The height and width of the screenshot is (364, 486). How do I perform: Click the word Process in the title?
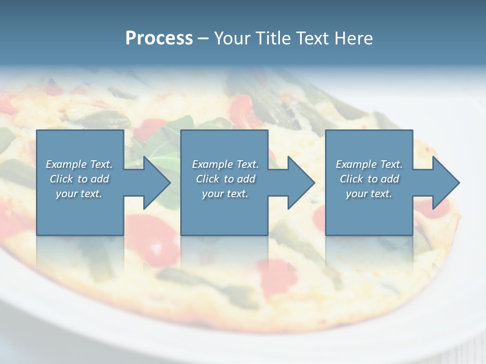click(159, 38)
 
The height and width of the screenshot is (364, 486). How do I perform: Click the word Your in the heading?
click(233, 38)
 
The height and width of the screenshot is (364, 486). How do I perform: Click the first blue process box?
click(80, 212)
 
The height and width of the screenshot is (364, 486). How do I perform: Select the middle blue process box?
click(224, 212)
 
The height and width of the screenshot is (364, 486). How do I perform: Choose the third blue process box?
click(369, 212)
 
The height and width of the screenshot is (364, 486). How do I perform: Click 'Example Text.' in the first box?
click(79, 164)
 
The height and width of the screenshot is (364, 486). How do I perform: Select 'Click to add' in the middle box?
click(225, 179)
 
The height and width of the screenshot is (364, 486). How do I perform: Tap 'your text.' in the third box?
click(369, 194)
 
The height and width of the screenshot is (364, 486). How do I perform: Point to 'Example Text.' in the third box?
click(369, 164)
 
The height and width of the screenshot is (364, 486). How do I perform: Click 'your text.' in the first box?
click(79, 194)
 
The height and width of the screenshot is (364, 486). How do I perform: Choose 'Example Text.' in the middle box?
click(225, 164)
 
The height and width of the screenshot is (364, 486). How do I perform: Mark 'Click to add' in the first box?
click(79, 179)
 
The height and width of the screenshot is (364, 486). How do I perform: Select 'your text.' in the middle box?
click(225, 194)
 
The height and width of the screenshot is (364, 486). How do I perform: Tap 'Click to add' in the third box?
click(369, 179)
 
